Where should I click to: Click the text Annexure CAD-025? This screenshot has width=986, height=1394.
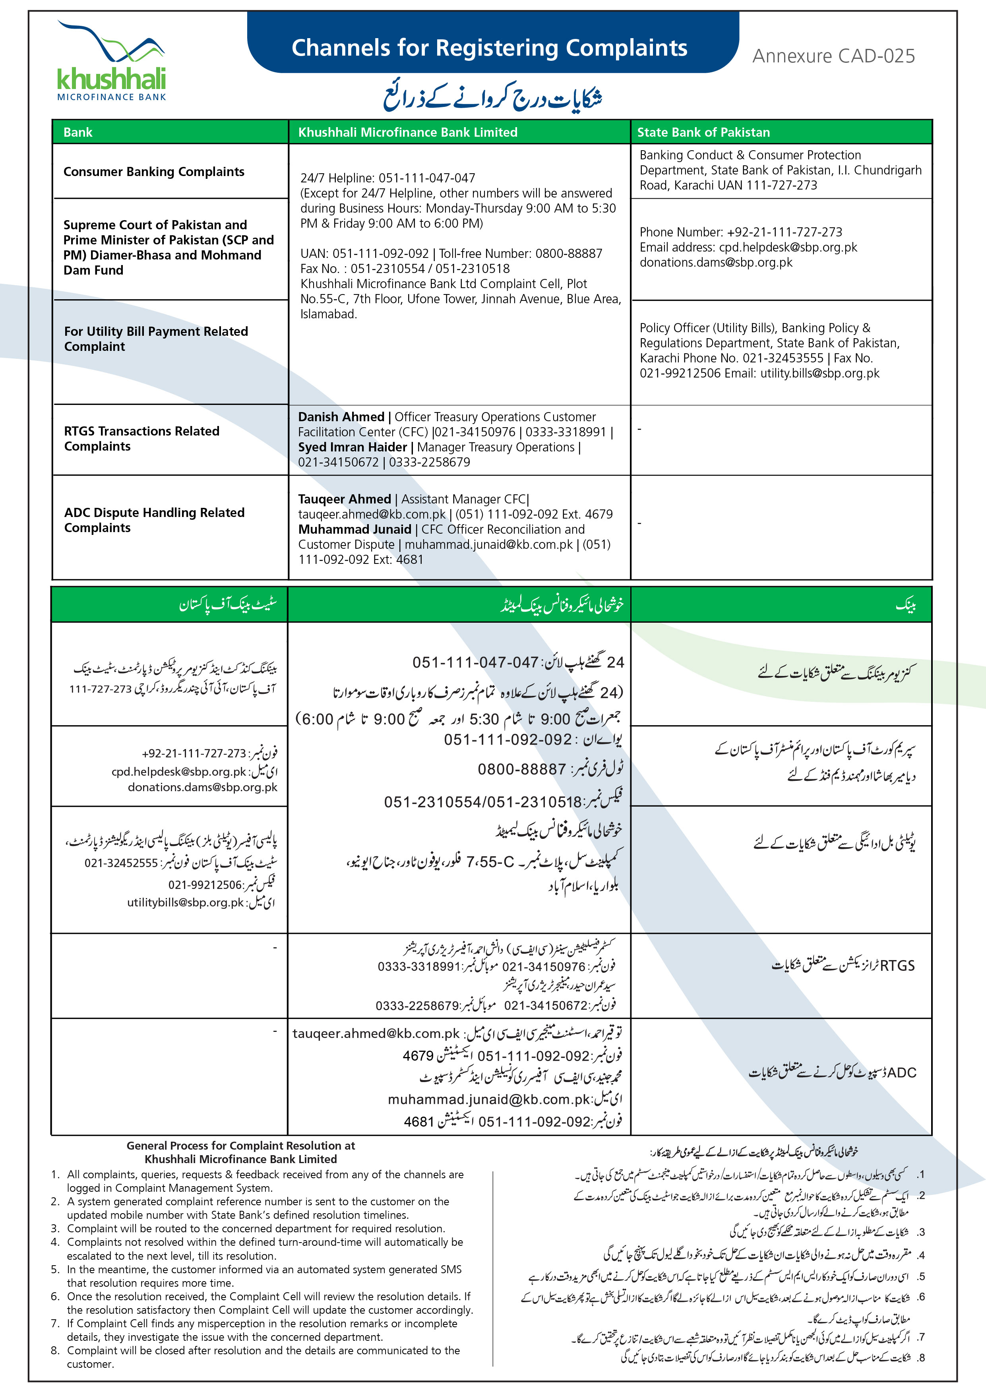tap(833, 56)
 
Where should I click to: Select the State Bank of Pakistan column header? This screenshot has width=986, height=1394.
tap(703, 132)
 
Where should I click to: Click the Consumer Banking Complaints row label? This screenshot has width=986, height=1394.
tap(154, 172)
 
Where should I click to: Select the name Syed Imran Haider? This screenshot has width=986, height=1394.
tap(352, 447)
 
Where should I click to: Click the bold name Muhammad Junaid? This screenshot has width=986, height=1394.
tap(354, 529)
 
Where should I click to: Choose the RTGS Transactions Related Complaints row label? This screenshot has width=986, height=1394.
tap(141, 438)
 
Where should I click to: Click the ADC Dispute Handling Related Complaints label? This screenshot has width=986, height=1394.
tap(154, 520)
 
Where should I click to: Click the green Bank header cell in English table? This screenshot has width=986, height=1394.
tap(78, 132)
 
